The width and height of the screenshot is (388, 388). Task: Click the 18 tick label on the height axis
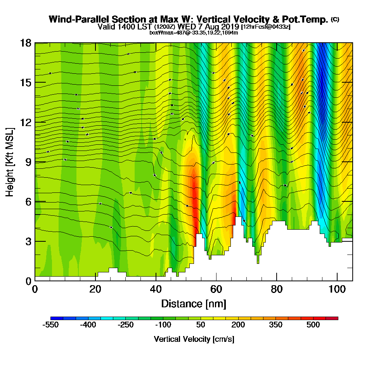point(26,43)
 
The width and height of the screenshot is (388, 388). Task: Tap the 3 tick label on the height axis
point(28,241)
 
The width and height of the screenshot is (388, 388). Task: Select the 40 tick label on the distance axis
point(156,289)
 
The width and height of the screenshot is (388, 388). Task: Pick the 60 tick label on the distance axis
point(216,289)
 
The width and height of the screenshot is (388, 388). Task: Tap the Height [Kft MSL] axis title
point(10,161)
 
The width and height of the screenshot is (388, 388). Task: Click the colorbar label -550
point(50,325)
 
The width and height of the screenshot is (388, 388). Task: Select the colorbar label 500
point(313,325)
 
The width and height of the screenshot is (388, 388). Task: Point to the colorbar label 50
point(201,325)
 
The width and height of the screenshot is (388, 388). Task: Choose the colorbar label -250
point(126,325)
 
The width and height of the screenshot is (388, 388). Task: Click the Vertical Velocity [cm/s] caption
point(194,339)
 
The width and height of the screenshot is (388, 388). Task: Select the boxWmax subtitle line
point(194,33)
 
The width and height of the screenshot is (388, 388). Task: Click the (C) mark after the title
point(335,19)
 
